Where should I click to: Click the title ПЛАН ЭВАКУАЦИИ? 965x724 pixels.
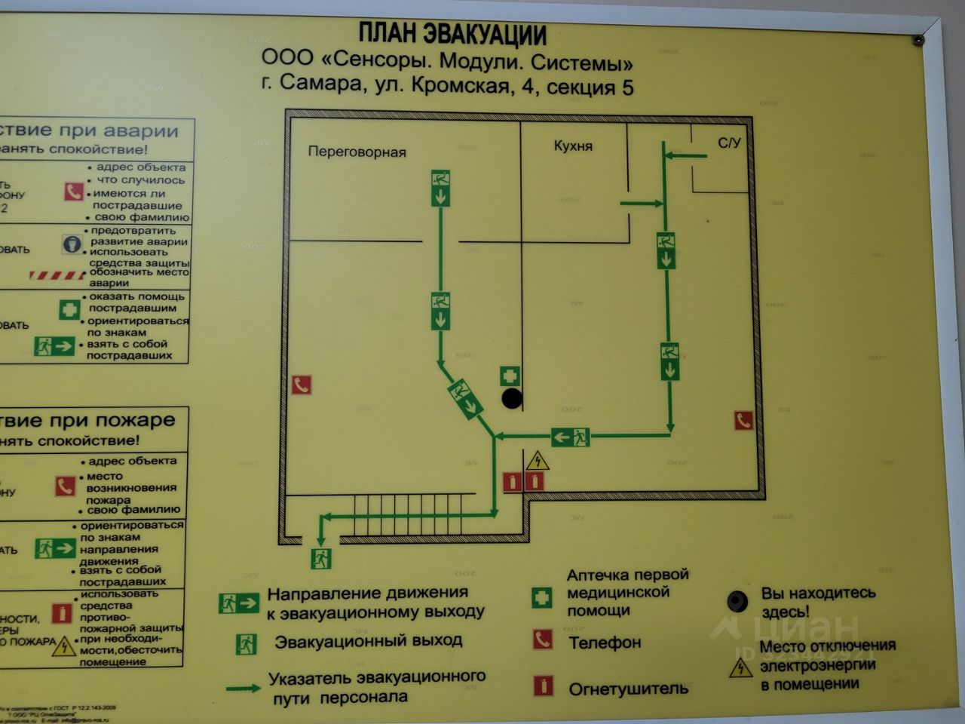coord(452,34)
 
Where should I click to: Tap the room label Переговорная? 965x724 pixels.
coord(357,152)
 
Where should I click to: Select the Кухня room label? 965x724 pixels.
coord(573,146)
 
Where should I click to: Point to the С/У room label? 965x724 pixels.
coord(729,143)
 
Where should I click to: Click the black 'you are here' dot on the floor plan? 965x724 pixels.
coord(512,399)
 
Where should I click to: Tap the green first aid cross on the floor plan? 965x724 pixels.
coord(510,376)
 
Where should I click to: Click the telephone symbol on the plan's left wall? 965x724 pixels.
coord(302,385)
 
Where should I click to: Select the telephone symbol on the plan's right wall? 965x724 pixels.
coord(744,420)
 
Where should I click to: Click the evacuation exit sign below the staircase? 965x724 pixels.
coord(321,559)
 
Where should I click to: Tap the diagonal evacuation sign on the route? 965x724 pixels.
coord(465,398)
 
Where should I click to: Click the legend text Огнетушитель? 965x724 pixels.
coord(628,689)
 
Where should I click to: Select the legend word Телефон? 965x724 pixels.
coord(605,643)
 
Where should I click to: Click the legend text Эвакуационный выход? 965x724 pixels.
coord(368,642)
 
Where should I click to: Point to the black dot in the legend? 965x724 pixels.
coord(737,601)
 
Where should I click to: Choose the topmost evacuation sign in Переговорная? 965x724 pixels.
coord(440,189)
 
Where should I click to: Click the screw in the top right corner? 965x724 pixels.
coord(918,40)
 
